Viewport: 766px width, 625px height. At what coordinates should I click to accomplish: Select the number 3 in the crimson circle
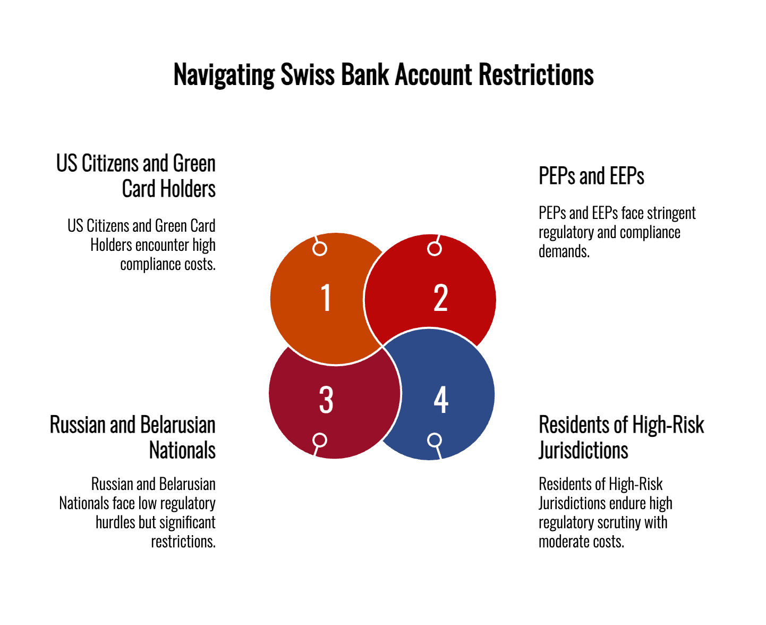[x=326, y=399]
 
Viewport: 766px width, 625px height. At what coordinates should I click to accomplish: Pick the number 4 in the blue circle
[x=441, y=399]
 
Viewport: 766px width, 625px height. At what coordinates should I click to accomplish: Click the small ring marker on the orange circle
[x=320, y=249]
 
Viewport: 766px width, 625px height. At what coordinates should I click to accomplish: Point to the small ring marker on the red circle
[x=435, y=249]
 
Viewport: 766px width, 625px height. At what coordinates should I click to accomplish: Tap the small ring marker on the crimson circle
[x=320, y=440]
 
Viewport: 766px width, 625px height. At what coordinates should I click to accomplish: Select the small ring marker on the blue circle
[x=435, y=440]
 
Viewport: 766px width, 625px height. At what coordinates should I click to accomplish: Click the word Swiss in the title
[x=308, y=74]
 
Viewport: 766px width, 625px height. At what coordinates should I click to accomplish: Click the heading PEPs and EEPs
[x=591, y=176]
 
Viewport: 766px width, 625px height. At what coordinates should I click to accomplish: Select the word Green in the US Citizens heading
[x=194, y=163]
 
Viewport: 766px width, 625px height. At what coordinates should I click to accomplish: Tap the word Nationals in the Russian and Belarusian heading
[x=182, y=450]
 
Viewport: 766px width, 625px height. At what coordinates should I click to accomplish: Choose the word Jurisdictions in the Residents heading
[x=583, y=450]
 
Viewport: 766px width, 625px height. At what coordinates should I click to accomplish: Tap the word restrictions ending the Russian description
[x=183, y=542]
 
